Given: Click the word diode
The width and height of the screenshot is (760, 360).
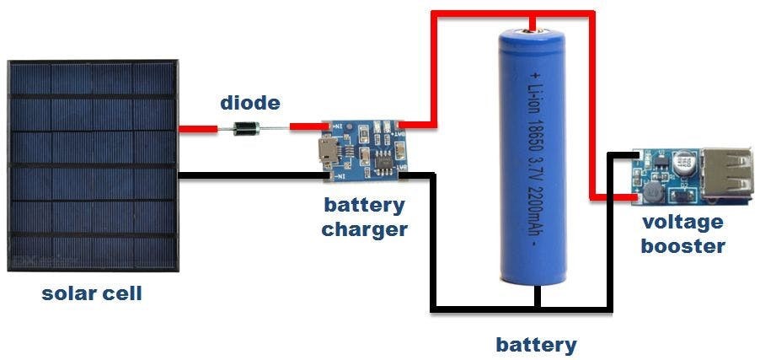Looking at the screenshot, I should (250, 104).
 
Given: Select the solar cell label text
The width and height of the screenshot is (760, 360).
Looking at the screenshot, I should (92, 294).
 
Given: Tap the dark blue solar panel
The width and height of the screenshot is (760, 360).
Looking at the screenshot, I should (93, 165).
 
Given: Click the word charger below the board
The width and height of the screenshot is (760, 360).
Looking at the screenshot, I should (364, 228).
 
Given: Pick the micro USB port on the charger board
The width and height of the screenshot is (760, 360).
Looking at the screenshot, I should (324, 153).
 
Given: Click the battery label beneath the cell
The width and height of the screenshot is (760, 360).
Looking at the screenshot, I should (536, 344).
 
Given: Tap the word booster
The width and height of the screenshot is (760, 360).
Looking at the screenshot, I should (682, 246).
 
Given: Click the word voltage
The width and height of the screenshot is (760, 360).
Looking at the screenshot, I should (682, 223).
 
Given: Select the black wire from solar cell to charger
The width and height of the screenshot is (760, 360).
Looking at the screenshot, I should (253, 175).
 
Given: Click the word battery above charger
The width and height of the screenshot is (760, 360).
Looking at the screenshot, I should (364, 205).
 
